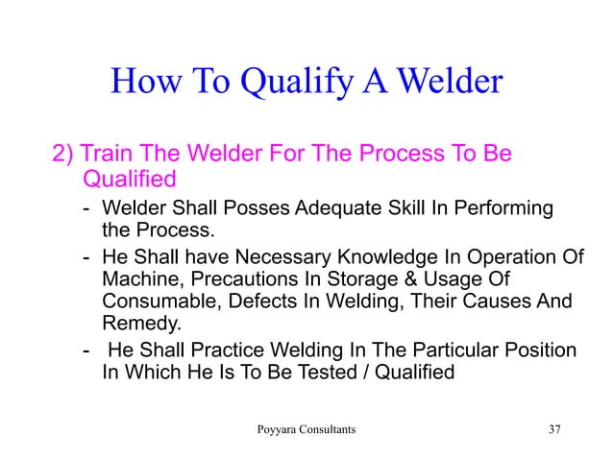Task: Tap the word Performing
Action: [501, 208]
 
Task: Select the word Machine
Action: [138, 279]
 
